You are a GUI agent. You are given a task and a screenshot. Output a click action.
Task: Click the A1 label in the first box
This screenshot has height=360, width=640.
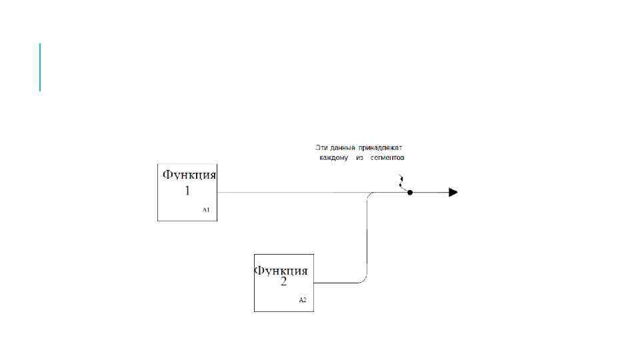pyautogui.click(x=206, y=209)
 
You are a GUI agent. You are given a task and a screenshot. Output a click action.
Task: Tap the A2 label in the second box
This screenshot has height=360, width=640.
pyautogui.click(x=303, y=300)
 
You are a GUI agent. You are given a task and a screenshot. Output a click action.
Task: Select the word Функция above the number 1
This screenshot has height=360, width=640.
pyautogui.click(x=190, y=175)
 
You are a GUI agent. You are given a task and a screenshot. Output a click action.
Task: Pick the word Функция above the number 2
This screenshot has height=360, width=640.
pyautogui.click(x=282, y=271)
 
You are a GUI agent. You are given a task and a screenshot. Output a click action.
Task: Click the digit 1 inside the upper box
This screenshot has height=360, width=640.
pyautogui.click(x=187, y=191)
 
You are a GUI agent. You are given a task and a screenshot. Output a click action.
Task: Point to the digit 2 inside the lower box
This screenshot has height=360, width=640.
pyautogui.click(x=283, y=282)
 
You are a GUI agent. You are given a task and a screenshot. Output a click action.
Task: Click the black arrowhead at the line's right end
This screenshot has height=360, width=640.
pyautogui.click(x=453, y=193)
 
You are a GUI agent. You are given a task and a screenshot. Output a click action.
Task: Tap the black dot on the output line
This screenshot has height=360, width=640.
pyautogui.click(x=410, y=193)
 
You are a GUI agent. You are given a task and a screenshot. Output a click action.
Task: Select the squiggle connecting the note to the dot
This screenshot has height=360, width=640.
pyautogui.click(x=402, y=182)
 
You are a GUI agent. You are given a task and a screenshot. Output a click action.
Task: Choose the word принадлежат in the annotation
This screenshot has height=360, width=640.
pyautogui.click(x=381, y=147)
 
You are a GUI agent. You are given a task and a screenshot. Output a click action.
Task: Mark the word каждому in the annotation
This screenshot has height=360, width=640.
pyautogui.click(x=333, y=158)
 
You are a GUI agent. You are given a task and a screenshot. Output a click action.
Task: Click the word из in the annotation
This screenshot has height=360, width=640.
pyautogui.click(x=359, y=158)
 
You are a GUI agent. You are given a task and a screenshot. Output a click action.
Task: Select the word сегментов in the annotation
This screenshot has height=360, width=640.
pyautogui.click(x=388, y=158)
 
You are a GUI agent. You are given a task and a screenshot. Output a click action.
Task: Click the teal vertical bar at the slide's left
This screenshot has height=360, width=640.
pyautogui.click(x=40, y=67)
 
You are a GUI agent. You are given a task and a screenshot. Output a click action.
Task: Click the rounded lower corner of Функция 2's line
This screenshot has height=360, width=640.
pyautogui.click(x=364, y=279)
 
